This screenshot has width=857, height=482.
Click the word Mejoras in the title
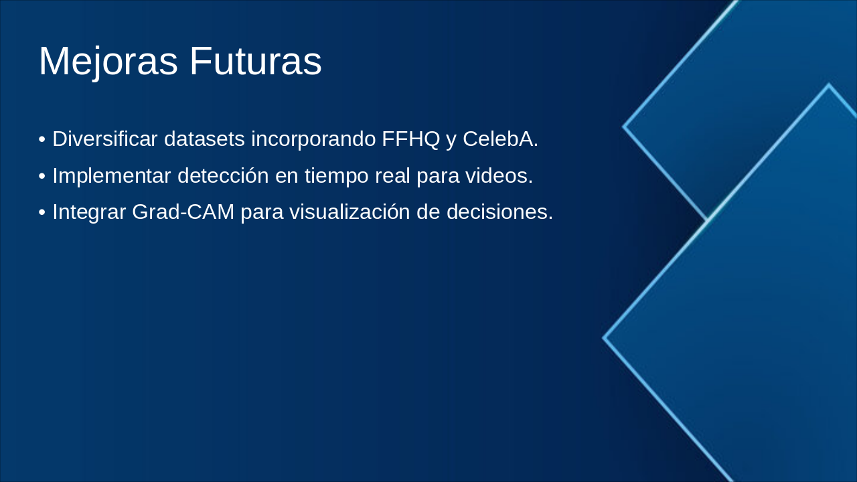click(x=108, y=62)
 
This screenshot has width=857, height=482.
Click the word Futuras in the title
click(x=255, y=62)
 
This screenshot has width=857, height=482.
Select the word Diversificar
click(x=105, y=139)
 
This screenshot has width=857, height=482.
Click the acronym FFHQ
click(x=410, y=139)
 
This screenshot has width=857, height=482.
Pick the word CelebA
click(x=500, y=139)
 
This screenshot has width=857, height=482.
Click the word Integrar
click(x=89, y=212)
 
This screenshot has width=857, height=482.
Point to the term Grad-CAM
click(x=183, y=212)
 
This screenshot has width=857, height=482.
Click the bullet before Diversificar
click(x=42, y=140)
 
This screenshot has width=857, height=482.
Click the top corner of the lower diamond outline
click(x=828, y=85)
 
